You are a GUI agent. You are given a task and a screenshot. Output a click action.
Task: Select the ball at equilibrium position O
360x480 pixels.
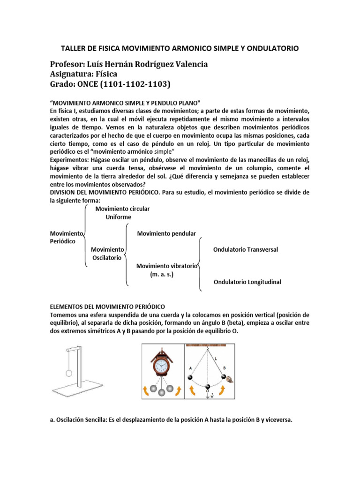208,388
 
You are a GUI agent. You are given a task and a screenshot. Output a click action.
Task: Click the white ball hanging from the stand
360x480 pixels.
69,373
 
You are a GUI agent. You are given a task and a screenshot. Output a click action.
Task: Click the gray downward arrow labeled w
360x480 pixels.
208,397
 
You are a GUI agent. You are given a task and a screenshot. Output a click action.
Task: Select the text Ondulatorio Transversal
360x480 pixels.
245,249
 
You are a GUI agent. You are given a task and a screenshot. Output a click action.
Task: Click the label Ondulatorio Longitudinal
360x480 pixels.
247,282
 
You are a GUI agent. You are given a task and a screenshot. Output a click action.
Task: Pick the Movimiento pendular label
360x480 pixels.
166,233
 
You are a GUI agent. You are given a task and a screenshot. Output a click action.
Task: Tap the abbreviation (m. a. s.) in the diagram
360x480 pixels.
162,274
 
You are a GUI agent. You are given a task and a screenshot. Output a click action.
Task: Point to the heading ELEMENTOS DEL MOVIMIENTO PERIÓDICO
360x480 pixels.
107,306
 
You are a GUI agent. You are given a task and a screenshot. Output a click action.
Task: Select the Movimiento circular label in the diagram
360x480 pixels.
122,209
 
